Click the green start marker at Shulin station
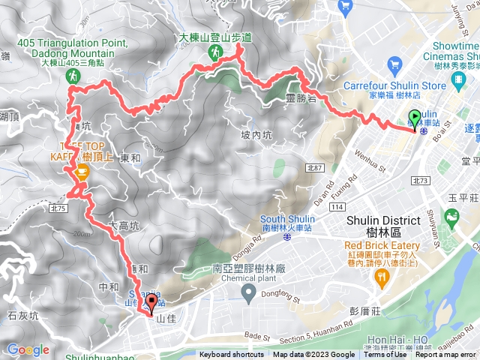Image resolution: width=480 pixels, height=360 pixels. [x=415, y=118]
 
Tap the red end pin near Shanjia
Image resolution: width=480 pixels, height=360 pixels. [x=152, y=303]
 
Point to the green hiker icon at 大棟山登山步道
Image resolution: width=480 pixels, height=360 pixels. [x=215, y=51]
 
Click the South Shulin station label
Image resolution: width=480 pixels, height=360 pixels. [x=286, y=219]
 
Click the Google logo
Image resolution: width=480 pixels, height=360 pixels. [x=28, y=349]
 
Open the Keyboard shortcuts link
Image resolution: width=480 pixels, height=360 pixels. [x=232, y=355]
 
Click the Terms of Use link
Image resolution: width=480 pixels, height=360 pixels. [x=385, y=355]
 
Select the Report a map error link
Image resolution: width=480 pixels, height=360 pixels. [x=446, y=355]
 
